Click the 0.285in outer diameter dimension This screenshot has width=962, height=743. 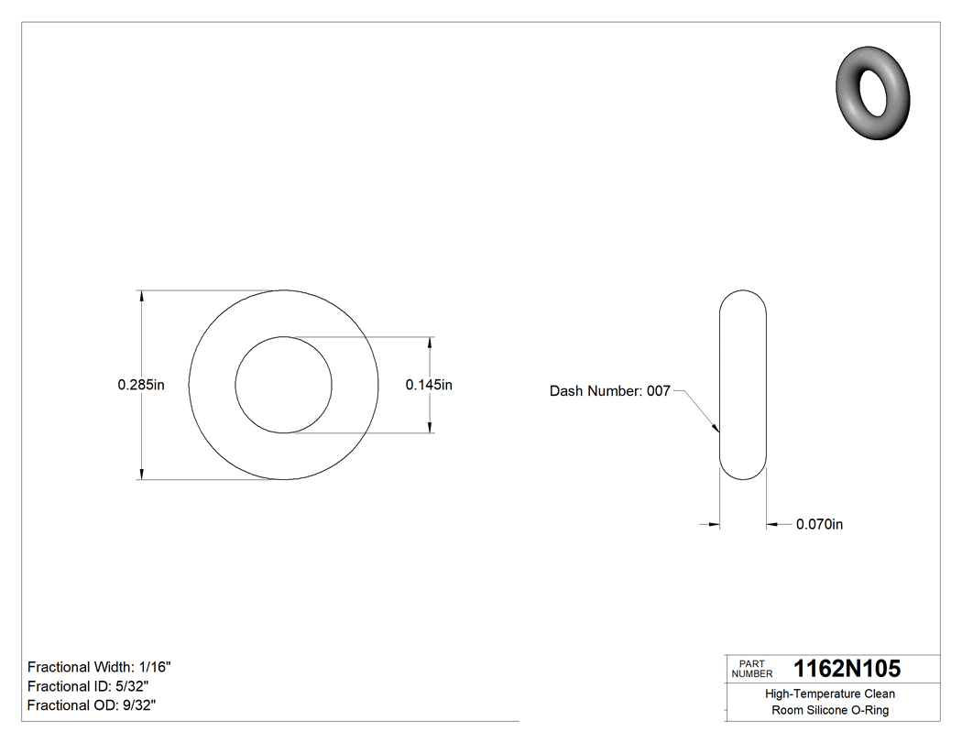point(140,386)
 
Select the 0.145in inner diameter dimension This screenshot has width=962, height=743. point(429,386)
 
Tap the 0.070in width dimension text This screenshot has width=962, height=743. point(819,525)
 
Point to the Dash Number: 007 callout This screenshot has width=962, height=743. point(609,391)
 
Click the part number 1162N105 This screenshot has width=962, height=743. point(847,669)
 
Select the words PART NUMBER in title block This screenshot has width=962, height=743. point(751,669)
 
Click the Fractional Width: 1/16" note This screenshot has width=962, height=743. point(99,668)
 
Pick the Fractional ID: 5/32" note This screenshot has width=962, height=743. point(88,686)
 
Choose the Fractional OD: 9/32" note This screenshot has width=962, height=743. point(92,705)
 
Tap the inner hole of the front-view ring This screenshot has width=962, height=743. point(284,385)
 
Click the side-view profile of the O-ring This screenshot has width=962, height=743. point(742,385)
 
